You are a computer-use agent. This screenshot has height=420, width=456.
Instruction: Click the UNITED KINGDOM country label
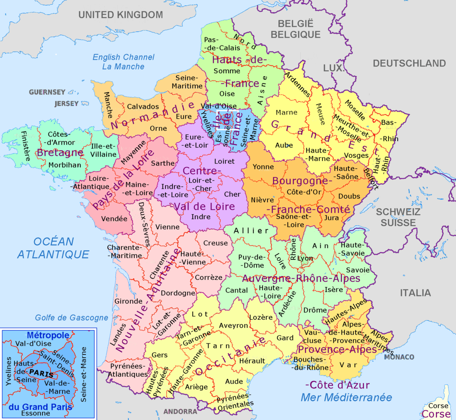121,15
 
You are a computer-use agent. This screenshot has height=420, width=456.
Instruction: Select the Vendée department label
114,219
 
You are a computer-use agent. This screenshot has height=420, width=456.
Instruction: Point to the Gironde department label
128,301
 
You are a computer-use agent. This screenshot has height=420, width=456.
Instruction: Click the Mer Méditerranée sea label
346,397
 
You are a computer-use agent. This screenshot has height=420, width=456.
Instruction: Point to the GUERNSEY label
47,92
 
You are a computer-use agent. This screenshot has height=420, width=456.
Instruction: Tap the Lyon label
305,258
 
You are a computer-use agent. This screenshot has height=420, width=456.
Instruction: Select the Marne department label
286,113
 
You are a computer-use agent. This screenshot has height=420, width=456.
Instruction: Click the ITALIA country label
415,293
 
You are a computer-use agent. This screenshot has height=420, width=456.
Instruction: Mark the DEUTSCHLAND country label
409,63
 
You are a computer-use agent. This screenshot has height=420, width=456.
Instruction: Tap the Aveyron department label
233,326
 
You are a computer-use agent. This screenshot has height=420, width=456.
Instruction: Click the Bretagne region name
60,153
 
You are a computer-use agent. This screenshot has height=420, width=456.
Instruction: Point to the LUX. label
333,68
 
